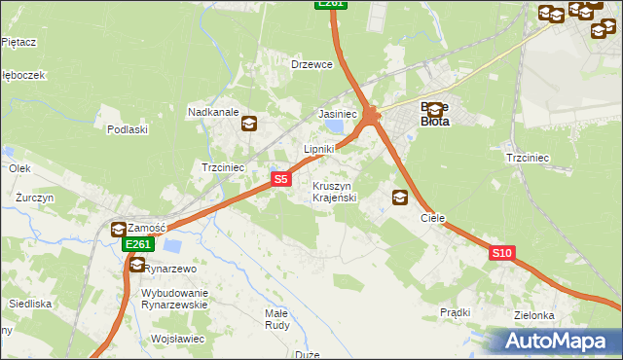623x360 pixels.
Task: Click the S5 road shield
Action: pyautogui.click(x=280, y=179)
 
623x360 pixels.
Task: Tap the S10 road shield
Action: pyautogui.click(x=501, y=253)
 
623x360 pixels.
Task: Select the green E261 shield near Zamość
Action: pyautogui.click(x=137, y=244)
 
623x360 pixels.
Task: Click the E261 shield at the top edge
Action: pyautogui.click(x=331, y=4)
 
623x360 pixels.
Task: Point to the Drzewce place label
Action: pyautogui.click(x=312, y=64)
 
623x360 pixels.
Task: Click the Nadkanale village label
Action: pyautogui.click(x=213, y=113)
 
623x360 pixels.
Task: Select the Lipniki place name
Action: pyautogui.click(x=319, y=149)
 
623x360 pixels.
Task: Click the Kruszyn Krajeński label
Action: pyautogui.click(x=337, y=192)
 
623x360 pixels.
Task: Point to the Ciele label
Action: pyautogui.click(x=432, y=219)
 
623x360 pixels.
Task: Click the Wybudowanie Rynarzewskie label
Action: pyautogui.click(x=175, y=299)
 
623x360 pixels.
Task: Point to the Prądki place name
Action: pyautogui.click(x=455, y=312)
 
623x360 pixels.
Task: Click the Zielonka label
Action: pyautogui.click(x=534, y=316)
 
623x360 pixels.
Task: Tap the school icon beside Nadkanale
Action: pyautogui.click(x=249, y=123)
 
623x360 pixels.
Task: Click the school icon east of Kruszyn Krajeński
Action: pyautogui.click(x=399, y=198)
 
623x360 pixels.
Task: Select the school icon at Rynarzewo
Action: pyautogui.click(x=137, y=265)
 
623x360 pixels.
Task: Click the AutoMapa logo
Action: pyautogui.click(x=557, y=342)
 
